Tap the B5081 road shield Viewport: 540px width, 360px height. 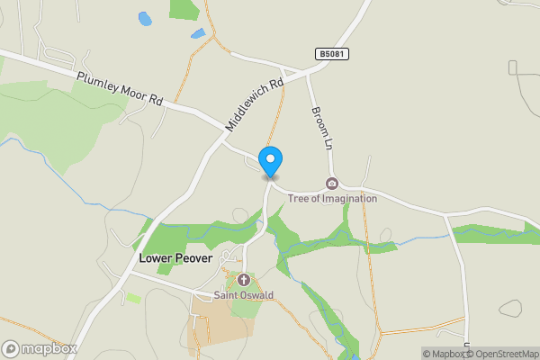tap(332, 55)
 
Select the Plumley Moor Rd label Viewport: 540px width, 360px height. tap(120, 89)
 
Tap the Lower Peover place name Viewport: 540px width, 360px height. tap(175, 257)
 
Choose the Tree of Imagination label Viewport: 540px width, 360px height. tap(332, 198)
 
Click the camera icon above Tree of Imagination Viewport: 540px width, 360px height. tap(332, 184)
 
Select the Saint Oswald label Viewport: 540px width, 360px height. tap(243, 295)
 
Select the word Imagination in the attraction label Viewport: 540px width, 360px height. tap(346, 198)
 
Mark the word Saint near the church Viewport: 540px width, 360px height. tap(225, 295)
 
